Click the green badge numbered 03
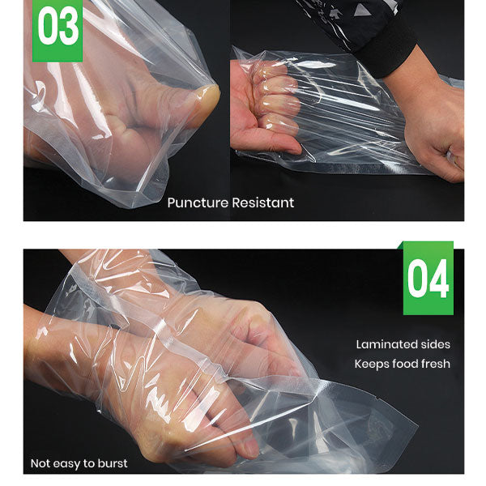(x=58, y=31)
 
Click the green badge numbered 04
(x=428, y=279)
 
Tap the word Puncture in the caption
(x=198, y=202)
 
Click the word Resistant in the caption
(x=263, y=202)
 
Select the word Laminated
(x=384, y=345)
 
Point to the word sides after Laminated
(x=434, y=345)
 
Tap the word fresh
(x=434, y=364)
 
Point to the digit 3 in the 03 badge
(x=69, y=29)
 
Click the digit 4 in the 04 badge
(x=440, y=279)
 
